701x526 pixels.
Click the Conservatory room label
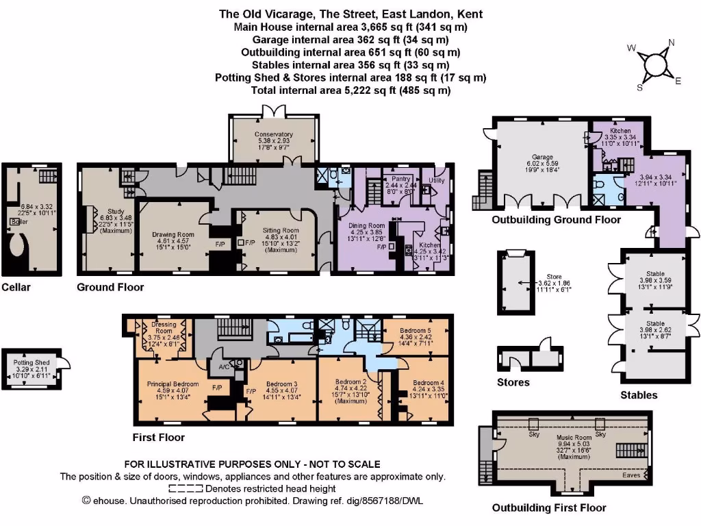point(274,134)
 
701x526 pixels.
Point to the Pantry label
point(401,178)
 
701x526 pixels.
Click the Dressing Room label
point(164,325)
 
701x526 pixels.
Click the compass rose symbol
point(655,64)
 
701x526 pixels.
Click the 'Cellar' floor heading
point(16,287)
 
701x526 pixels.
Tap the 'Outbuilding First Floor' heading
point(549,508)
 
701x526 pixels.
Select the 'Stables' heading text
point(639,394)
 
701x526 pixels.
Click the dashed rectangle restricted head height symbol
point(186,488)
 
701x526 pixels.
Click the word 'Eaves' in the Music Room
point(632,474)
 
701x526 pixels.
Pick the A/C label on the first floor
point(225,366)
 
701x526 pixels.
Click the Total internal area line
point(350,90)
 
